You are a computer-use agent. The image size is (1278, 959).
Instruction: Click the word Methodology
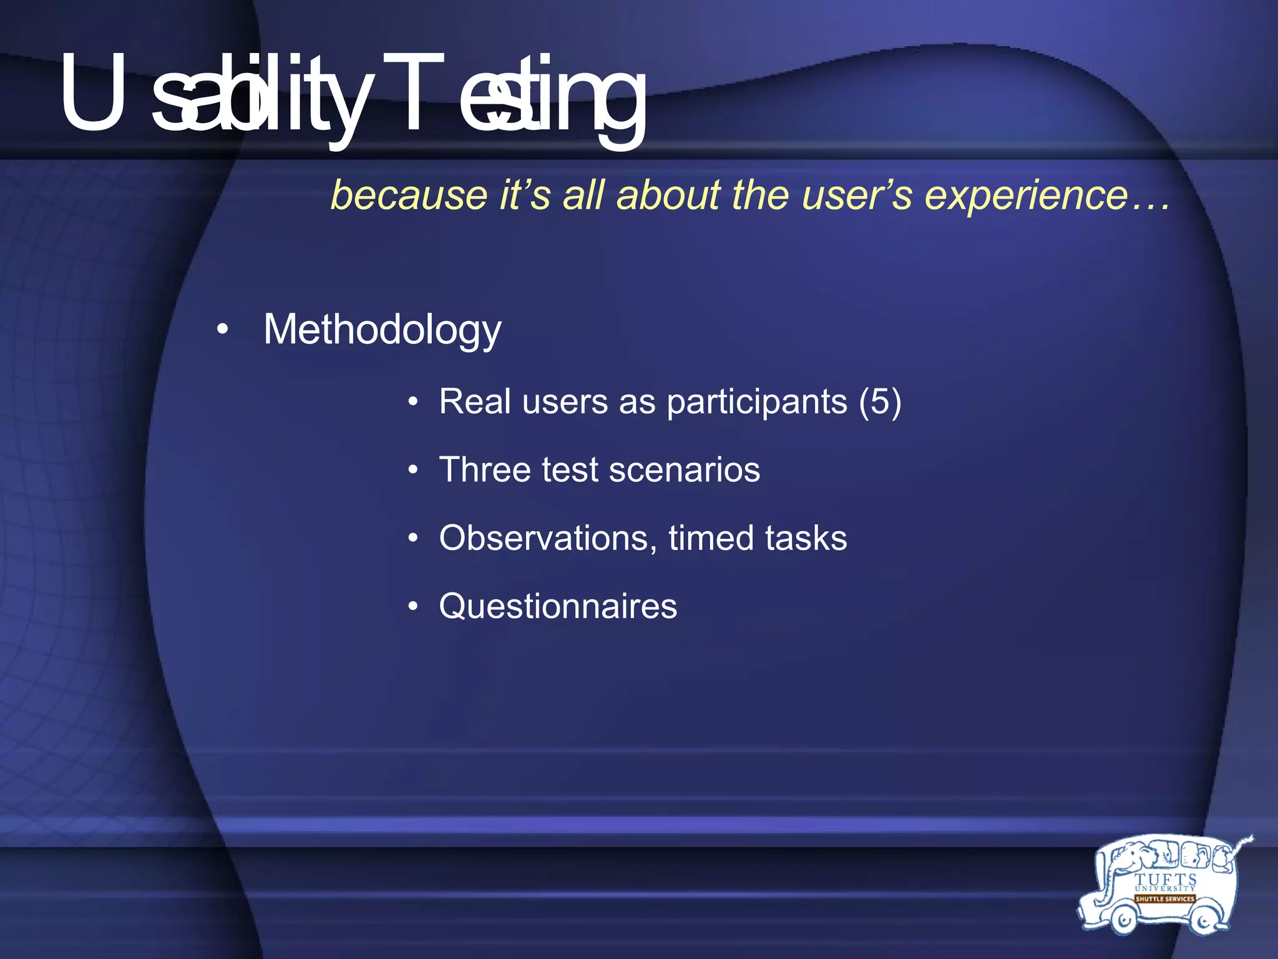(382, 330)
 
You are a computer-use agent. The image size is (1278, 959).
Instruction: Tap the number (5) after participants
(880, 401)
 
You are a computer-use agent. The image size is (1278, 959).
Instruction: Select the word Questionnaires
(558, 606)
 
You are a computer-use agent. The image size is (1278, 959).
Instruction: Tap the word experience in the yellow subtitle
(1026, 195)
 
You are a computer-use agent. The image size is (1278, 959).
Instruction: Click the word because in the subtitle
(409, 195)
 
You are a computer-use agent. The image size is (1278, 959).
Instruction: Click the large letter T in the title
(412, 94)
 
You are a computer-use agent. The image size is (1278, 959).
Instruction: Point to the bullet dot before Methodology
(222, 330)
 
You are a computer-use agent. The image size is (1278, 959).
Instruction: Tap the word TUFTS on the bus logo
(1165, 880)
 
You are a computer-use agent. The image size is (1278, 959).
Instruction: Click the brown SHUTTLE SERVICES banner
(1164, 899)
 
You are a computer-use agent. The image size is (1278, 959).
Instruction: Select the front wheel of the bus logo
(1124, 920)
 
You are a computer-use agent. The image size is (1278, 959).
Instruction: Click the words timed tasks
(758, 538)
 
